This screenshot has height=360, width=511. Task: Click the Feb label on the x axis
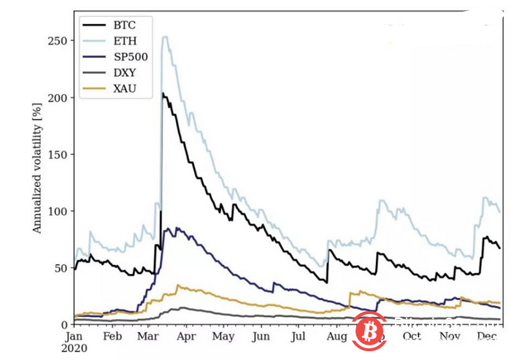point(112,337)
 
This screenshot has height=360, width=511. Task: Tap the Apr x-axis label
point(187,337)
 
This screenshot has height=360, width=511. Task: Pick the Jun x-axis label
point(261,337)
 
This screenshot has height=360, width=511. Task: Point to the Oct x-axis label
point(412,337)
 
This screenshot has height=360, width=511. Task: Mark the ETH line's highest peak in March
point(165,37)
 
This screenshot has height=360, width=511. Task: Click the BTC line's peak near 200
point(163,93)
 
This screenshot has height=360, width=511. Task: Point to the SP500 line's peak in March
point(170,229)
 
